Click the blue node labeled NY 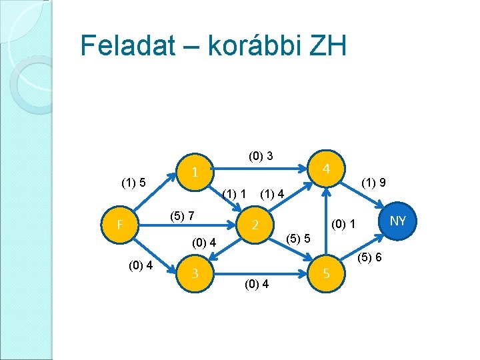397,220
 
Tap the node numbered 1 194,172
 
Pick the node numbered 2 254,225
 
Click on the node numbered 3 195,273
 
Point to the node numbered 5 327,273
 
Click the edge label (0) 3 261,157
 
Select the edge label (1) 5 133,182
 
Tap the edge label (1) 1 235,194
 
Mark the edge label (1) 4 273,195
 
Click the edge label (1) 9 374,182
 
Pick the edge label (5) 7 182,216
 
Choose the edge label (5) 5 298,238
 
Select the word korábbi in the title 258,46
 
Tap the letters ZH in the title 329,46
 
